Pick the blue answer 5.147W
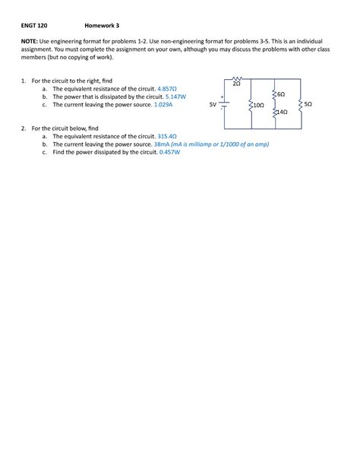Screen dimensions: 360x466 click(175, 97)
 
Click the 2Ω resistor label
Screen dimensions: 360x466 click(237, 84)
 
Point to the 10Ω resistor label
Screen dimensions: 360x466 click(258, 105)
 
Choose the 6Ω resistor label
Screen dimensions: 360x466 click(281, 94)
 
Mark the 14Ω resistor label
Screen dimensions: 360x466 click(281, 112)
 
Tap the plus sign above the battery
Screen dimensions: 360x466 click(221, 97)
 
